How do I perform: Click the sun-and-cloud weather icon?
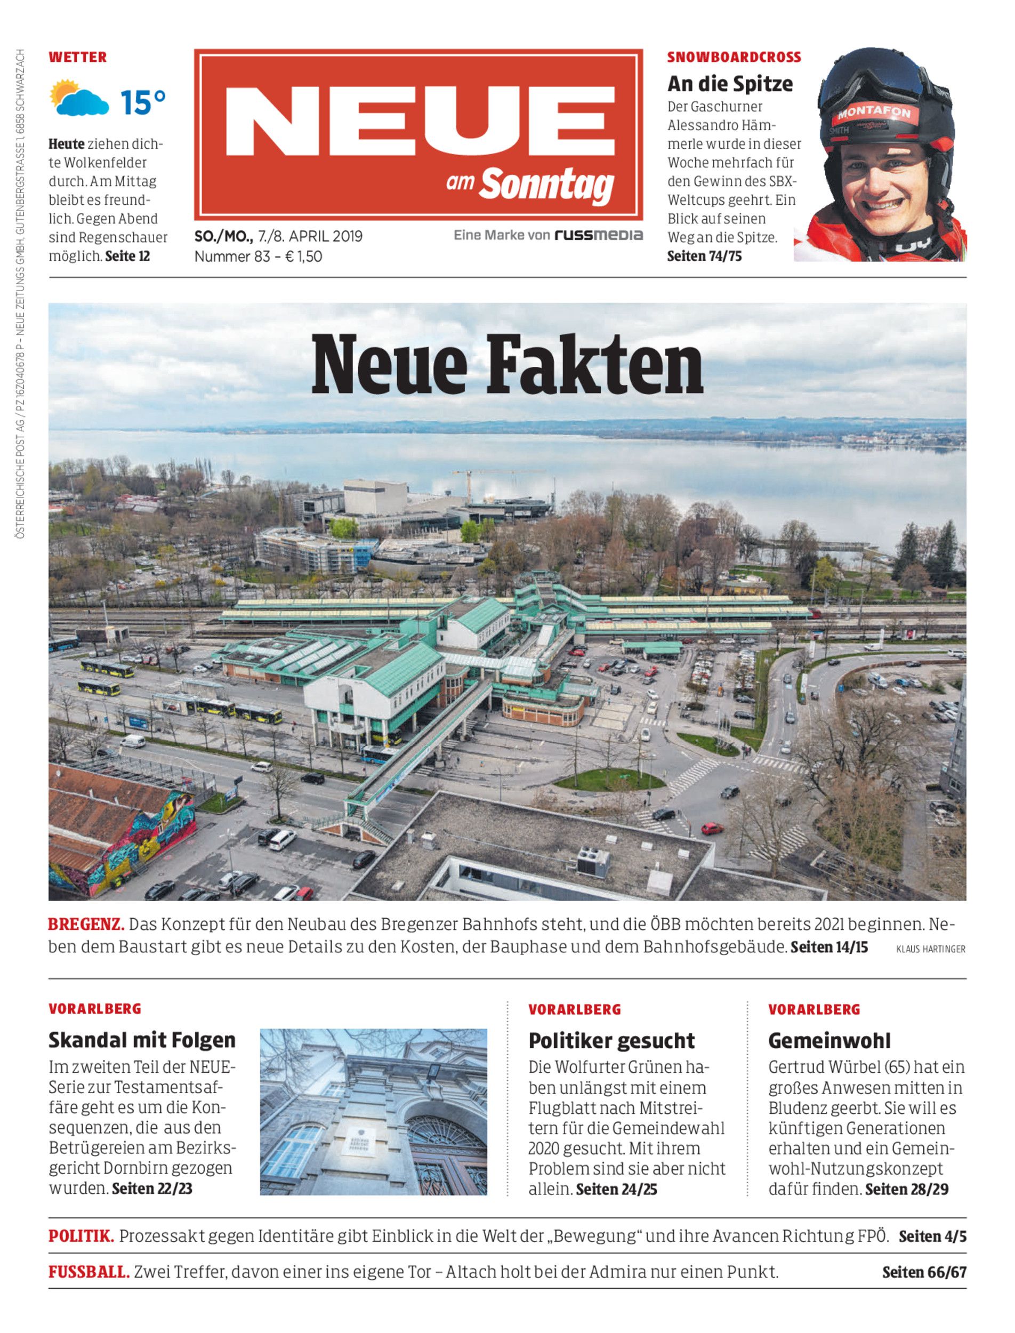(79, 98)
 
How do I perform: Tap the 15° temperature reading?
(142, 101)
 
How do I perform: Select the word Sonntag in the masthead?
(547, 184)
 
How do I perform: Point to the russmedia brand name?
(599, 235)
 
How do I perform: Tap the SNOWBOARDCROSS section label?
(734, 58)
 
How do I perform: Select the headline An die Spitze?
(730, 83)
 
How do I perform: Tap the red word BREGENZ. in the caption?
(86, 925)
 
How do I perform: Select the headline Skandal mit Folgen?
(142, 1040)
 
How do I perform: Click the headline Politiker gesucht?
(611, 1040)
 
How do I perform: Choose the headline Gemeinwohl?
(829, 1040)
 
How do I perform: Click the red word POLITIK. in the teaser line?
(81, 1236)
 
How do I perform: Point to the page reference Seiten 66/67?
(924, 1272)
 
